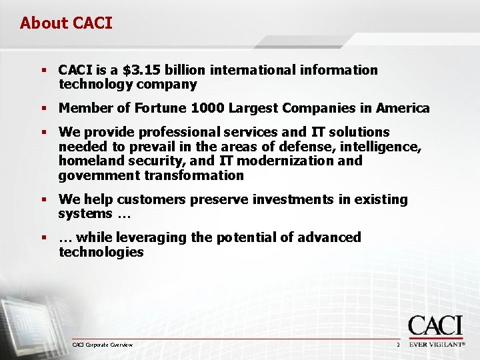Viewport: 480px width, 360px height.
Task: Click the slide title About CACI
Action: tap(66, 23)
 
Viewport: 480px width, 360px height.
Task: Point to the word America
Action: tap(403, 108)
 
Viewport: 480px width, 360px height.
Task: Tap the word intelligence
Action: tap(377, 146)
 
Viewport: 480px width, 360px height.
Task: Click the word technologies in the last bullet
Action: tap(101, 252)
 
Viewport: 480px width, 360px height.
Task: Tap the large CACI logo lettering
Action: tap(435, 326)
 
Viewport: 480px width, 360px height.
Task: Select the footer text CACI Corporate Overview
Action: tap(102, 345)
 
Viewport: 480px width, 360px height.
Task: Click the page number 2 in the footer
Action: tap(397, 345)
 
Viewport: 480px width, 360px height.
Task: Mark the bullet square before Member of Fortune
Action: tap(43, 109)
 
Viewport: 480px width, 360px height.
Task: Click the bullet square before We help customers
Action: tap(43, 200)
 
